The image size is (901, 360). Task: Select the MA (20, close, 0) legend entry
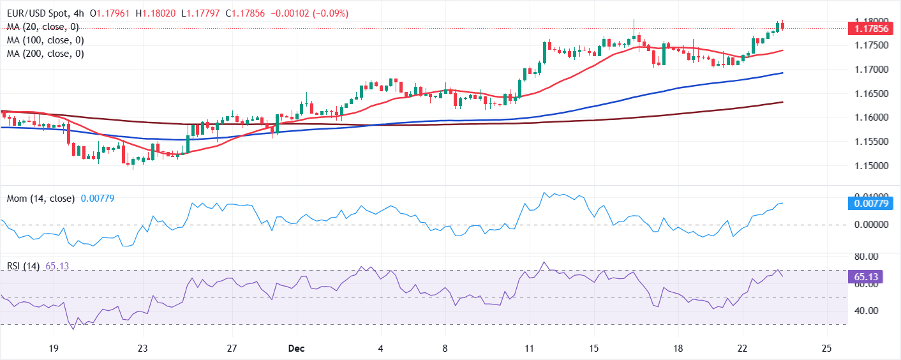point(43,27)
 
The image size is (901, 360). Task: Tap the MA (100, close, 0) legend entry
point(46,40)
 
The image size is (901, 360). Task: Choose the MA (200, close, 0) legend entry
point(46,54)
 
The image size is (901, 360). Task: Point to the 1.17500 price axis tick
point(869,45)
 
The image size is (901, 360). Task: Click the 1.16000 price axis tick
point(869,117)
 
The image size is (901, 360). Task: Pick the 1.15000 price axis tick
point(869,166)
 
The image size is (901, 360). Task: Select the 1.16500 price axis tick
point(869,94)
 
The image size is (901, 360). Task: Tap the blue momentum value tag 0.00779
point(869,203)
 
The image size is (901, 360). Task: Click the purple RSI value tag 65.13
point(869,277)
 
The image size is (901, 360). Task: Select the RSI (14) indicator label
point(23,266)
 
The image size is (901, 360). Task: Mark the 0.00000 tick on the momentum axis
point(869,225)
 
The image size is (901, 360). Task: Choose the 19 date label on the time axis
point(54,349)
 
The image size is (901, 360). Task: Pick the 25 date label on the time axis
point(827,349)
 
